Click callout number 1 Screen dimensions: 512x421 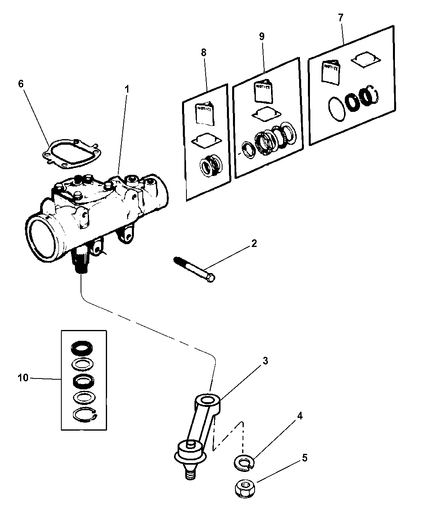(127, 89)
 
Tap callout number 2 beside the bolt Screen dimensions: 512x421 (253, 243)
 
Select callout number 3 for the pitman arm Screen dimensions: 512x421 (265, 361)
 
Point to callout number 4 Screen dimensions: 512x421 (300, 416)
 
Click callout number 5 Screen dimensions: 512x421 (305, 458)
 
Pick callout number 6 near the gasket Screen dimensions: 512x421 (21, 84)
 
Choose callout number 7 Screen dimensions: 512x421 (340, 18)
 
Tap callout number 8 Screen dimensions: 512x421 (204, 52)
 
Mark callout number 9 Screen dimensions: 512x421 (261, 36)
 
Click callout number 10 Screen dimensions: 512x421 (23, 378)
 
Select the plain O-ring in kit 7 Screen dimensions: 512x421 (337, 108)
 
